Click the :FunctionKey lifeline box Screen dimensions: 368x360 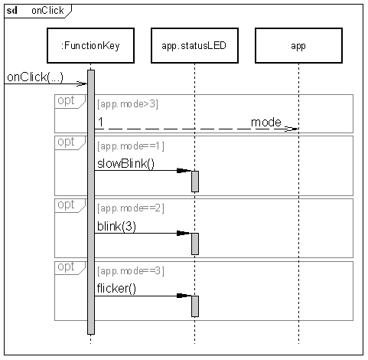coord(90,45)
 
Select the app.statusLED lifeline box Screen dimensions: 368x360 coord(194,45)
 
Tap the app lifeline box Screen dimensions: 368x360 coord(298,45)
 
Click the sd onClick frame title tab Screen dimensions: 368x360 coord(37,11)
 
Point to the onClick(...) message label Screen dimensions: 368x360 coord(35,77)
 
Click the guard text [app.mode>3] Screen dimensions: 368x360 coord(128,104)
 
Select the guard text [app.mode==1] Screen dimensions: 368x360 coord(131,146)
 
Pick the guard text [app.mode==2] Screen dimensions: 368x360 coord(131,208)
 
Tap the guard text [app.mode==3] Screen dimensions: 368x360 coord(131,271)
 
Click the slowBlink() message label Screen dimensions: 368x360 coord(125,164)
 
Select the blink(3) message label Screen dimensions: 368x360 coord(116,227)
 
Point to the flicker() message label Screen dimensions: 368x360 coord(116,289)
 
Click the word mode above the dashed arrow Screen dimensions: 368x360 coord(266,123)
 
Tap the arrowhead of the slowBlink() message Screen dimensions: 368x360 coord(184,171)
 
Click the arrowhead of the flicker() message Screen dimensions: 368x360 coord(184,296)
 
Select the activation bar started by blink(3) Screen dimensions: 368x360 coord(195,244)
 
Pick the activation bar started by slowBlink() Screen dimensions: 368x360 coord(195,182)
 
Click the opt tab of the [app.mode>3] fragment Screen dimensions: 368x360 coord(70,101)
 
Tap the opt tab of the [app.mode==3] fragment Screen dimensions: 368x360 coord(70,268)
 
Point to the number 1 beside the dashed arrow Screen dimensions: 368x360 coord(101,123)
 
